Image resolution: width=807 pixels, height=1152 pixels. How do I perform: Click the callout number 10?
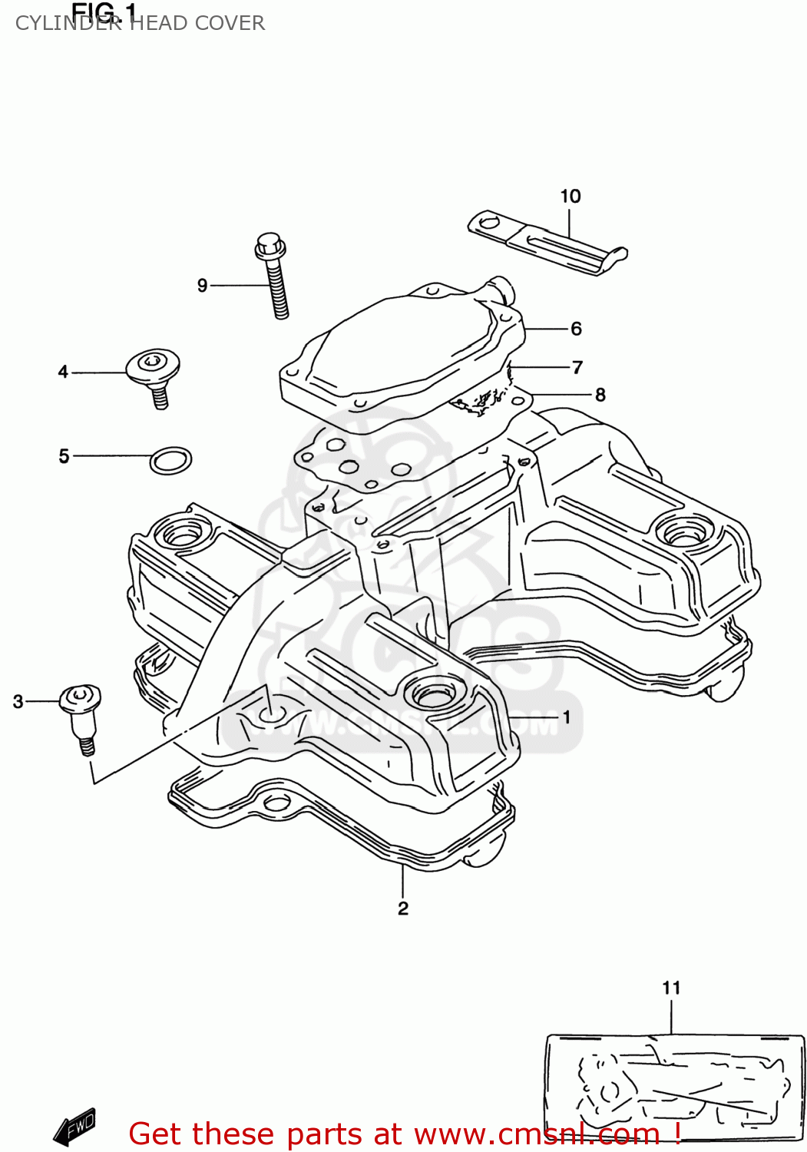(570, 197)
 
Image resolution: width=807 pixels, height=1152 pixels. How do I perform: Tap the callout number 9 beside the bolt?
(202, 286)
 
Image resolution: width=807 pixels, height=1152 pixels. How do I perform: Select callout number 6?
(576, 329)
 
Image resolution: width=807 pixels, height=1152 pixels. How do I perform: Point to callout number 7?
(577, 367)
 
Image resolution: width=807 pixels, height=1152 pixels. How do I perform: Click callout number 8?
(600, 395)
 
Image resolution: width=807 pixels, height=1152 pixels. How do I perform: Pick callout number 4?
(63, 372)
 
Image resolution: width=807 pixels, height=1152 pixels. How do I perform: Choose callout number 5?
(64, 456)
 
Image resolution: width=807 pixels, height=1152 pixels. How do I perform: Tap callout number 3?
(18, 701)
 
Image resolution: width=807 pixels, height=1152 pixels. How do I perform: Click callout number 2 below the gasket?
(403, 908)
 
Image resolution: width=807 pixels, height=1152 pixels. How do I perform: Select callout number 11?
(671, 988)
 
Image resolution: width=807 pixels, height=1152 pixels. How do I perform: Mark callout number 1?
(566, 717)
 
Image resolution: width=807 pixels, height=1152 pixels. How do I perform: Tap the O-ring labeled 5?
(170, 460)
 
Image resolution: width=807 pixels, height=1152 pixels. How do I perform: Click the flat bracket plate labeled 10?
(547, 243)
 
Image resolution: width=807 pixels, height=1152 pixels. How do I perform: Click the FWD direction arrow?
(74, 1128)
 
